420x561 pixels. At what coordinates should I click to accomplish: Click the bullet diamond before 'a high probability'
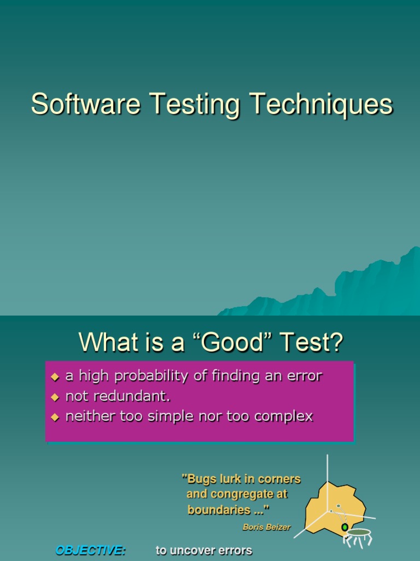point(54,377)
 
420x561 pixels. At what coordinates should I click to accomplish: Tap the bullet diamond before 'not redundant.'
point(54,397)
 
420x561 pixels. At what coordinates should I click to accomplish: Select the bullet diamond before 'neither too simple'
point(54,417)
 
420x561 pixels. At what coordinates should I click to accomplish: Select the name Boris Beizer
point(266,527)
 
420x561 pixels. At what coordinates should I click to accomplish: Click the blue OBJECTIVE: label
point(91,551)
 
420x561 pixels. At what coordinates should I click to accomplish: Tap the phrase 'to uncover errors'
point(204,551)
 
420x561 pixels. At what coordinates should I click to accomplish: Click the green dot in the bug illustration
point(345,527)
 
